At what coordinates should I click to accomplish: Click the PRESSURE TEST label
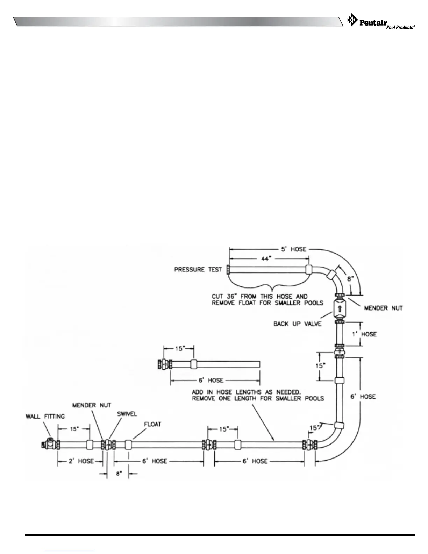click(198, 270)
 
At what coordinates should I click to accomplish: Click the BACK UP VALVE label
click(297, 324)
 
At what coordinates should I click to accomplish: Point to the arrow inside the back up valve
click(339, 309)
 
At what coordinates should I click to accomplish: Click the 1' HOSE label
click(364, 334)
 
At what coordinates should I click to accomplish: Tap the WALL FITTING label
click(45, 417)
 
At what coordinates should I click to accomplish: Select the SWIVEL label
click(127, 414)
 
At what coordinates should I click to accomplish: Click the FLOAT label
click(153, 424)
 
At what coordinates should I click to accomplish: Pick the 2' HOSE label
click(81, 461)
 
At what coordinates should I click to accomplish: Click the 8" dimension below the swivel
click(119, 474)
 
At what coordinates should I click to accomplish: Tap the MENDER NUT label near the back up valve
click(383, 308)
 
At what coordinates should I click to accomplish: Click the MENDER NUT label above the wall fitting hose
click(92, 405)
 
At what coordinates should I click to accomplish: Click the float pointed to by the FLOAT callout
click(128, 445)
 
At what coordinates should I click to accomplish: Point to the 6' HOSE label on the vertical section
click(363, 397)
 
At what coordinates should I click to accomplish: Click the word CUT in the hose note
click(217, 297)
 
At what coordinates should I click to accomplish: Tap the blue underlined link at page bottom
click(70, 551)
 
